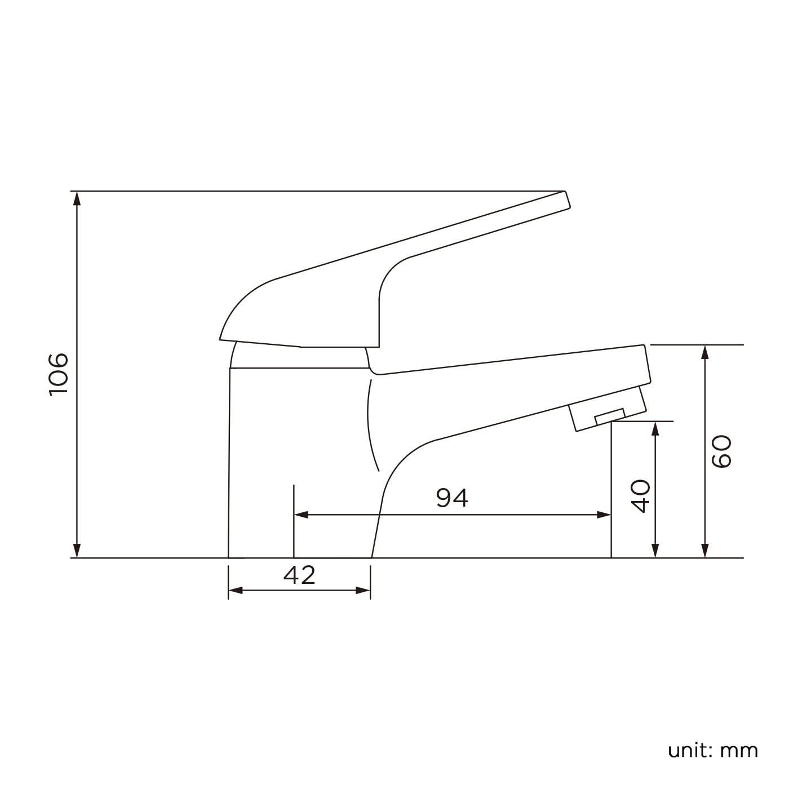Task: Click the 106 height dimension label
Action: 59,375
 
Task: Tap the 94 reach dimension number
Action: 452,498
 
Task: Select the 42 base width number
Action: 299,575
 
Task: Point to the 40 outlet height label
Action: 641,496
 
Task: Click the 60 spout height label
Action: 721,451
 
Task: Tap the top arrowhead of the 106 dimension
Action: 78,198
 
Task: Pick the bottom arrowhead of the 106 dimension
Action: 78,551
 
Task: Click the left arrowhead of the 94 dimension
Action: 301,515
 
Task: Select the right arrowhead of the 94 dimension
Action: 605,515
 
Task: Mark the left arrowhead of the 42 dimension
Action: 235,590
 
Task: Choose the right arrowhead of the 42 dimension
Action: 364,590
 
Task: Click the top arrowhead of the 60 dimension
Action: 704,352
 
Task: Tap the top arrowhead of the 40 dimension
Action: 655,428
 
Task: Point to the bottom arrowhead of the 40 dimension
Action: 655,551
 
